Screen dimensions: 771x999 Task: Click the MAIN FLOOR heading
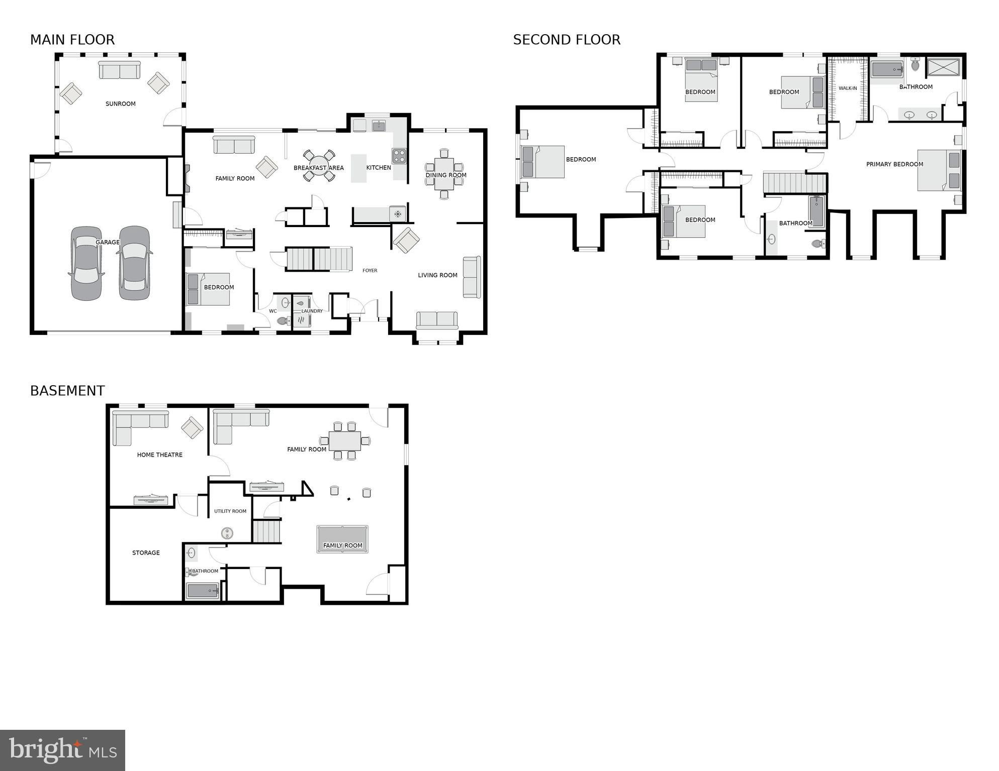pos(72,40)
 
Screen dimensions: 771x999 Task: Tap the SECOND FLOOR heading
pos(567,40)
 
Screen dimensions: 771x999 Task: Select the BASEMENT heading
pos(67,391)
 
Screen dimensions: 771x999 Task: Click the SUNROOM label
pos(121,104)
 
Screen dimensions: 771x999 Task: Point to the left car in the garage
pos(86,263)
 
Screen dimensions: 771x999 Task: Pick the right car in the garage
pos(134,263)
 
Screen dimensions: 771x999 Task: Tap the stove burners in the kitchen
pos(399,156)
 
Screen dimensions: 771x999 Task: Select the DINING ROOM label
pos(446,175)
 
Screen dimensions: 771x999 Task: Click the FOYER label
pos(370,271)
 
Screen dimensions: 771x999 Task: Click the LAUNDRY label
pos(312,311)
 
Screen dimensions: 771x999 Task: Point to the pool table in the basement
pos(342,539)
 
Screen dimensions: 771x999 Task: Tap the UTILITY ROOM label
pos(230,511)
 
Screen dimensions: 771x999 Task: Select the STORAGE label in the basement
pos(146,553)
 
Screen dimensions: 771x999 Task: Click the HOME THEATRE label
pos(160,455)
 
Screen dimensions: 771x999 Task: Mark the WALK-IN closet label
pos(848,88)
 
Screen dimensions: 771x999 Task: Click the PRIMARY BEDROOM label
pos(894,164)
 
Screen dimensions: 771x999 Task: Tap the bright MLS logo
pos(62,750)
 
